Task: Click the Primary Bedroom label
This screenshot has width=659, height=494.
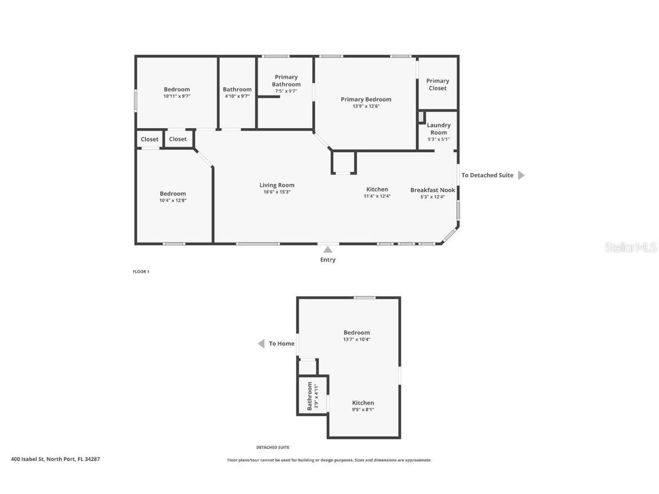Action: (x=366, y=99)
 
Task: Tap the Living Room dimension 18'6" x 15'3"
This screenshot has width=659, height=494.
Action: (x=277, y=192)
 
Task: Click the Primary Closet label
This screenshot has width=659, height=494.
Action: (x=438, y=85)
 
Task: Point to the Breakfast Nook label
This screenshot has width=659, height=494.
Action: (x=432, y=190)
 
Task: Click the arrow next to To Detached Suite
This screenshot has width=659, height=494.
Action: (x=521, y=176)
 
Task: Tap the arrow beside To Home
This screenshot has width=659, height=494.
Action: (x=261, y=344)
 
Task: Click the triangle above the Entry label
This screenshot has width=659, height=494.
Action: (x=328, y=249)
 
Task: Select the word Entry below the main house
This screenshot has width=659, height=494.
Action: (x=328, y=260)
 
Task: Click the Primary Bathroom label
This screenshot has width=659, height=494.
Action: (x=286, y=81)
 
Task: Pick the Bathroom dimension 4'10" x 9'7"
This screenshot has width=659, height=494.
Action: (x=237, y=97)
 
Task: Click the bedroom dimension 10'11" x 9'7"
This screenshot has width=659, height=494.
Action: (x=177, y=97)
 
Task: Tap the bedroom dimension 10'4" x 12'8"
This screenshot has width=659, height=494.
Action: (x=173, y=201)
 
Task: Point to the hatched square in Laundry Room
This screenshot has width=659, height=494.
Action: (x=421, y=117)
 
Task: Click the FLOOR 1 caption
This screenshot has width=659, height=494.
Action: (x=141, y=272)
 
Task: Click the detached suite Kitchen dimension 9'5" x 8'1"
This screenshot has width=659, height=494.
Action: (x=363, y=409)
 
